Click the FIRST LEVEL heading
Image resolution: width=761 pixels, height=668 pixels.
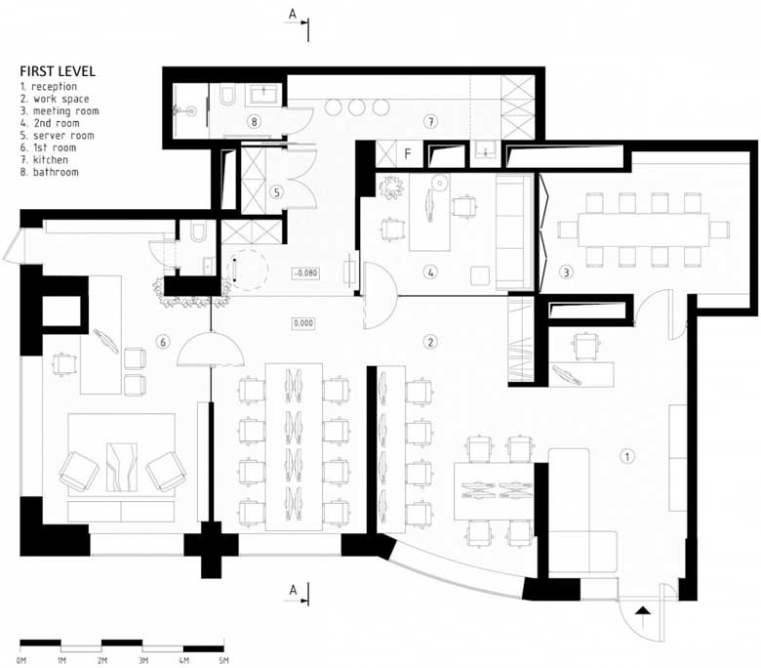click(x=57, y=71)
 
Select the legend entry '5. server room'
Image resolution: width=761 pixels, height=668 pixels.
click(x=57, y=136)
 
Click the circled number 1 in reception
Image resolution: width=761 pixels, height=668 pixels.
click(x=628, y=455)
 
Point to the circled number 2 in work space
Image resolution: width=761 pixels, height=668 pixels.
click(x=428, y=341)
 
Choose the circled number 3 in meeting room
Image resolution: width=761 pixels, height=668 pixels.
click(x=565, y=272)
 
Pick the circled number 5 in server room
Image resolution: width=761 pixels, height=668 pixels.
click(x=276, y=192)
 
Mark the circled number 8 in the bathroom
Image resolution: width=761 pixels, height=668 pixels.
click(x=254, y=122)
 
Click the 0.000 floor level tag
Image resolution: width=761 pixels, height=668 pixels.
click(x=306, y=320)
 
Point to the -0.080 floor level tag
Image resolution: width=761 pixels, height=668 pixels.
click(x=306, y=272)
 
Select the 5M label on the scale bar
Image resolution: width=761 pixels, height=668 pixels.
click(x=223, y=661)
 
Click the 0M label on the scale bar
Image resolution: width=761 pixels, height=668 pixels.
click(x=21, y=661)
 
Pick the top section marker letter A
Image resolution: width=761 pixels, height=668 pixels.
click(x=292, y=13)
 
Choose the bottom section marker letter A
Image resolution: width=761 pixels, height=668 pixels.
click(x=292, y=589)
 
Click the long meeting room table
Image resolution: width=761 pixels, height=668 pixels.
click(x=643, y=230)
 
